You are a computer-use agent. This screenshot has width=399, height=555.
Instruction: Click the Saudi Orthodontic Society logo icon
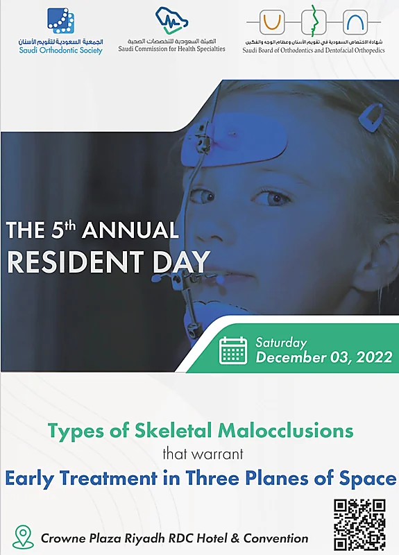61,22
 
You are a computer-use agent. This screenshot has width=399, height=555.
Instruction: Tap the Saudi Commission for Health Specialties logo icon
171,22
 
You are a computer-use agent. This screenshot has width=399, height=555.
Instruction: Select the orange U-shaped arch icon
272,22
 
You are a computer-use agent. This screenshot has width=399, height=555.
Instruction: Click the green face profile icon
314,22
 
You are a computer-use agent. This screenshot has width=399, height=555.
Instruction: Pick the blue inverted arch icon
355,22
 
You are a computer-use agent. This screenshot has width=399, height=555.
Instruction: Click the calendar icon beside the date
233,350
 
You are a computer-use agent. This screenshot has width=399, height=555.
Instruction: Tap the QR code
359,524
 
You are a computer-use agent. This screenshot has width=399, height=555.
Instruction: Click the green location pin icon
24,537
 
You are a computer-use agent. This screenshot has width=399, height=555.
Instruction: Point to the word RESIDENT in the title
76,262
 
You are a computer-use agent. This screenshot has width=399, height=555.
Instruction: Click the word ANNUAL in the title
130,230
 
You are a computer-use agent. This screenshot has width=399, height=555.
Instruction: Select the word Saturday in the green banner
281,343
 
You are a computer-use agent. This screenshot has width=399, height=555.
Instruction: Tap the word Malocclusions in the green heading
285,430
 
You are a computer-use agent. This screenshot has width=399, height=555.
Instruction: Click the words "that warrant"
203,454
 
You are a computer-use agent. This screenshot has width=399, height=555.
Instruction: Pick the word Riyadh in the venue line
144,538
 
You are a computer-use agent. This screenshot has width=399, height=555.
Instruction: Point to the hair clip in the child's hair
371,118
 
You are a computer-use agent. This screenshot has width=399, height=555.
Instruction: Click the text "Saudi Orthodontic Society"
60,50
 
